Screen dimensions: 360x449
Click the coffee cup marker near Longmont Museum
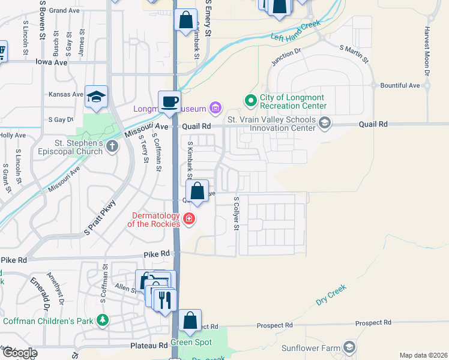[x=169, y=101]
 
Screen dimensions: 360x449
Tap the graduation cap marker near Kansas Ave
[x=96, y=97]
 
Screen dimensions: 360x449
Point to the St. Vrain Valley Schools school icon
[x=325, y=124]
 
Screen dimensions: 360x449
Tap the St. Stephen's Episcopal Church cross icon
[x=112, y=147]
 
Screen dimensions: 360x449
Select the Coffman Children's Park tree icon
[x=103, y=320]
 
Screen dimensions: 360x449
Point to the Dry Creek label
[x=331, y=295]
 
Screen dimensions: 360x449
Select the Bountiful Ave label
[x=400, y=86]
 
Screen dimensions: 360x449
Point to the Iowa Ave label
[x=52, y=62]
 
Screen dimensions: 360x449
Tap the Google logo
[x=19, y=353]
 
